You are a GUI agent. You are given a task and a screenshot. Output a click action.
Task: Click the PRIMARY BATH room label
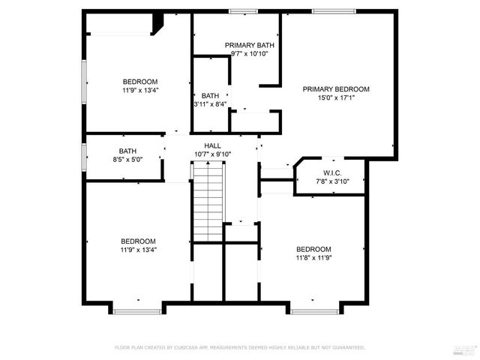250,45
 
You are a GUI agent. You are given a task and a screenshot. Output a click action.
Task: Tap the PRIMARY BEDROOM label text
336,89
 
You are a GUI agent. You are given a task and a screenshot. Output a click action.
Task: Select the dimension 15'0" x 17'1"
336,97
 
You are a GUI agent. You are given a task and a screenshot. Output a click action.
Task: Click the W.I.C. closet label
333,172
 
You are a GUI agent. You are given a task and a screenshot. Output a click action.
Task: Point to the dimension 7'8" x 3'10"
333,181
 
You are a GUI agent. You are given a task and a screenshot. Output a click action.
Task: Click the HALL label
213,145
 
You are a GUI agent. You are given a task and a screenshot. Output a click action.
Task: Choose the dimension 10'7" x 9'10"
213,154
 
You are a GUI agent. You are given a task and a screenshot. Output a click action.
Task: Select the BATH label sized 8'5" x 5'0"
127,151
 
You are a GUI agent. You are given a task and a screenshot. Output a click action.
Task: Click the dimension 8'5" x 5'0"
127,159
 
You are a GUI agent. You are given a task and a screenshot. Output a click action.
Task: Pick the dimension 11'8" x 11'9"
313,258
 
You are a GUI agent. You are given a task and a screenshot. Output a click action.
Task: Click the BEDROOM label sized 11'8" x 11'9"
313,250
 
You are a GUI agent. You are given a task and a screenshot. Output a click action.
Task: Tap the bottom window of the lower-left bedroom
137,310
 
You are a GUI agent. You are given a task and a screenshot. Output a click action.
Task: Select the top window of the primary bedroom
334,10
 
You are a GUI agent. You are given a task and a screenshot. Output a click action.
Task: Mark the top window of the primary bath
242,10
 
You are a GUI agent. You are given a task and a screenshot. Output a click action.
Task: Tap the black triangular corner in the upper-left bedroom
157,25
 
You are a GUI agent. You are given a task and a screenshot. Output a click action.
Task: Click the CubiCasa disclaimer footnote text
239,347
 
